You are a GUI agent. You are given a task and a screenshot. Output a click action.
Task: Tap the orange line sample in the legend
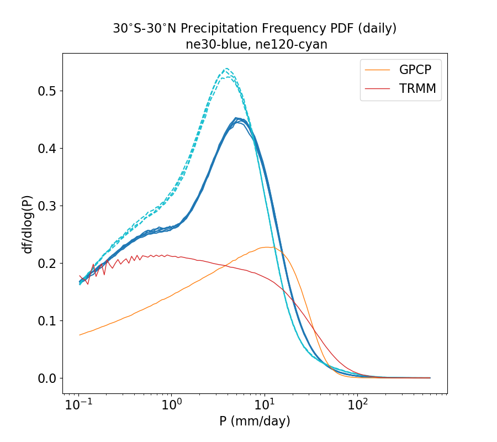[x=378, y=70]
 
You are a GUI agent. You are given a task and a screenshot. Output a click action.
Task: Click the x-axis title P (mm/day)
[x=255, y=422]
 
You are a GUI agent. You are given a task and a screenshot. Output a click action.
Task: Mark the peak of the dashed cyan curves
[x=226, y=70]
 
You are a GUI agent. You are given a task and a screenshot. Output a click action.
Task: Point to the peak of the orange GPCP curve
[x=267, y=247]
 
